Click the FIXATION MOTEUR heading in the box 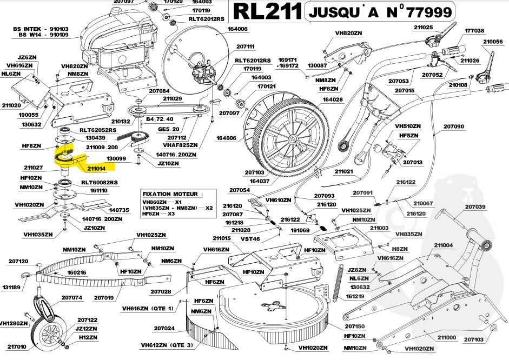(169, 194)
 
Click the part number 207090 (454, 126)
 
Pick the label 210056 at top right (493, 41)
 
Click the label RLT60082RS (99, 183)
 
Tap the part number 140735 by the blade (119, 210)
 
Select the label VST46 (249, 238)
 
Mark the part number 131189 (11, 288)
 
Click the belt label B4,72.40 (160, 118)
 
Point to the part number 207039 (475, 206)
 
